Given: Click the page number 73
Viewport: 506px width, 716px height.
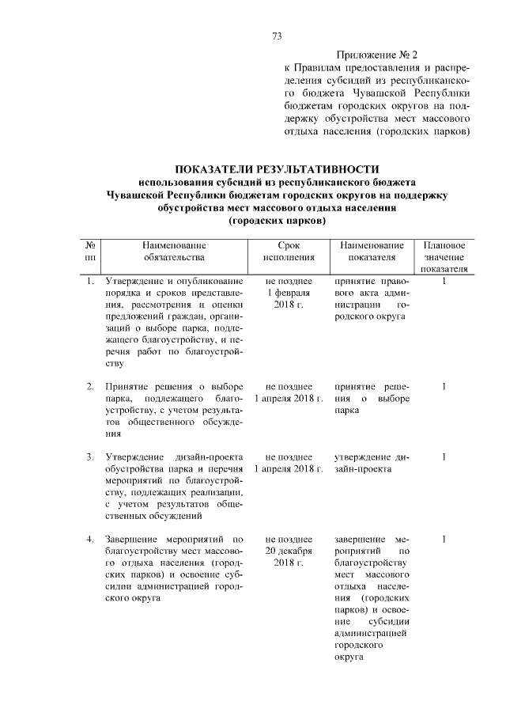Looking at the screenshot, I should coord(277,36).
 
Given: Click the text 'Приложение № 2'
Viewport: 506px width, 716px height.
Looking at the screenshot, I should coord(376,55).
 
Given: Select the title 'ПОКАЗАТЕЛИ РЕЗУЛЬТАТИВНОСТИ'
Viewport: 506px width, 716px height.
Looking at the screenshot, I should coord(277,169).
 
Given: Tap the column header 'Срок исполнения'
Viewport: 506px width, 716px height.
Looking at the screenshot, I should coord(289,252).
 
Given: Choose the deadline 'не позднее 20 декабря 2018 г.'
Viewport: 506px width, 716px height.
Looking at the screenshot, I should coord(289,551).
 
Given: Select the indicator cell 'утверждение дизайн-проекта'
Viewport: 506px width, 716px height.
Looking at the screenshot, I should coord(371,463).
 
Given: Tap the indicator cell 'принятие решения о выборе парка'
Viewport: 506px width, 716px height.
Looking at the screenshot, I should coord(371,398).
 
